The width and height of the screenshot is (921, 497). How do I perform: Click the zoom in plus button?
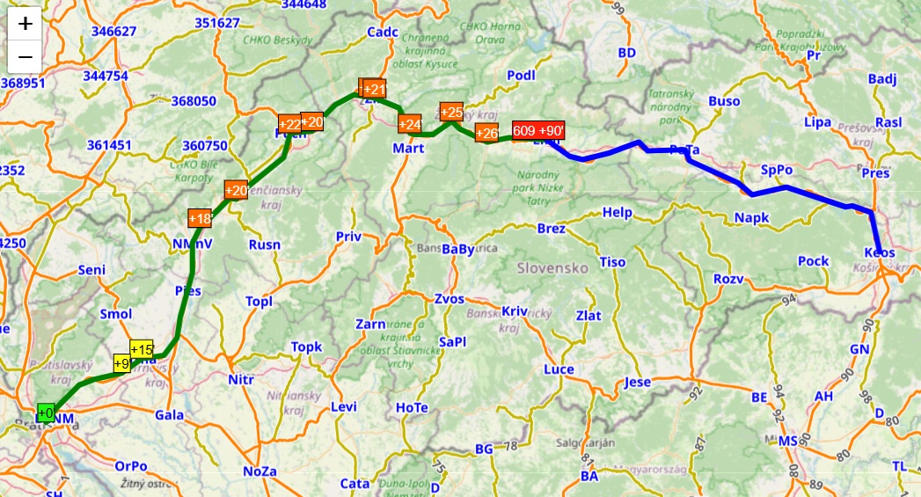tap(26, 24)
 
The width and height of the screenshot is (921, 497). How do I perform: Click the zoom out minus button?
tap(26, 57)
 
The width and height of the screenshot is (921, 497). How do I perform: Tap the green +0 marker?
tap(45, 413)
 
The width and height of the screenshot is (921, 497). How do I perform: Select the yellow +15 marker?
tap(141, 349)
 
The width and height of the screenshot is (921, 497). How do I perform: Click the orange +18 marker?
tap(200, 218)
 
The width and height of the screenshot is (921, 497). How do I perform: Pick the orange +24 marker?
tap(409, 124)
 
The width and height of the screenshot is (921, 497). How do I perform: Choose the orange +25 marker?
tap(451, 112)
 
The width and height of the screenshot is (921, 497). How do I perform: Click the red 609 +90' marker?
tap(537, 130)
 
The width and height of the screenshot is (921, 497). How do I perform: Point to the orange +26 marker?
tap(486, 134)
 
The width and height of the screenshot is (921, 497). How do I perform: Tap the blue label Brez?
tap(551, 229)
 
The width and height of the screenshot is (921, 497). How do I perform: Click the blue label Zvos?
tap(449, 299)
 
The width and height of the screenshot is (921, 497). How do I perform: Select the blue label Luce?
tap(559, 369)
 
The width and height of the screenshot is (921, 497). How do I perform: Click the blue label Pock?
tap(814, 260)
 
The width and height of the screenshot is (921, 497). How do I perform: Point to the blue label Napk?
tap(752, 217)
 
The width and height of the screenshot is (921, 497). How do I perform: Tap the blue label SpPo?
tap(777, 170)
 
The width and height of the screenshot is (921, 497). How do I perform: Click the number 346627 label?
tap(113, 31)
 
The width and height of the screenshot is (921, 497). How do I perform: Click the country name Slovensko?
tap(552, 267)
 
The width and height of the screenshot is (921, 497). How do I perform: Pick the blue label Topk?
tap(307, 347)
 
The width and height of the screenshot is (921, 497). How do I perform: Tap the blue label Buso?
tap(724, 101)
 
